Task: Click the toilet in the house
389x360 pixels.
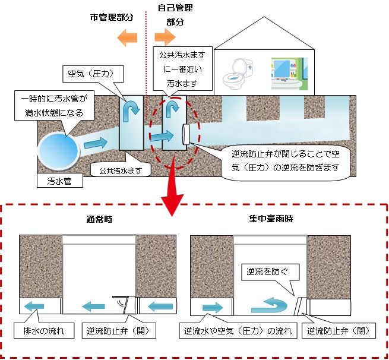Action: point(235,72)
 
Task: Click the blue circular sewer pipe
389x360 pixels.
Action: point(57,148)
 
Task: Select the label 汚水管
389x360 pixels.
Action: point(58,180)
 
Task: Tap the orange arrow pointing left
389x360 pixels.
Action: point(128,38)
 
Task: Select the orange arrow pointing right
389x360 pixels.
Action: point(163,38)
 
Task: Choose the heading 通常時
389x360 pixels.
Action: point(99,219)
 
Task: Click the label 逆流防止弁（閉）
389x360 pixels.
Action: point(339,330)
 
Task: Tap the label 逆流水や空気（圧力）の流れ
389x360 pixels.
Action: point(237,330)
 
